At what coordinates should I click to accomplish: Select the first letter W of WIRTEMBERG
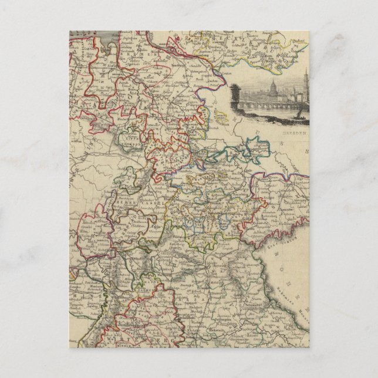click(120, 340)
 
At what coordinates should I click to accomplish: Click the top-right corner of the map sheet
click(309, 32)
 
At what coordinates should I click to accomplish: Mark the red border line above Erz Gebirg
click(282, 226)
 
